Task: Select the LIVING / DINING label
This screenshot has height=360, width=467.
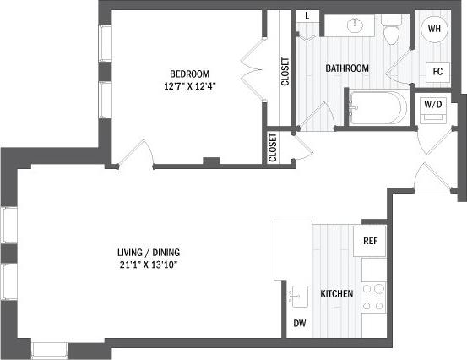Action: [149, 252]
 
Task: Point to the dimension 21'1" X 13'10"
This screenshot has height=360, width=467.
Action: [149, 265]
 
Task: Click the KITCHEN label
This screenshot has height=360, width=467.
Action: [336, 294]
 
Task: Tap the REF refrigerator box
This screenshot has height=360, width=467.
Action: [369, 240]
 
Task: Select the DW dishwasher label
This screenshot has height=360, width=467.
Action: [299, 324]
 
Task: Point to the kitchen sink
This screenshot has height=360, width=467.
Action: [298, 296]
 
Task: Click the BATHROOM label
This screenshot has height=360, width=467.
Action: [349, 68]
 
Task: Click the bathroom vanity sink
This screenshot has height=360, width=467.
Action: [356, 25]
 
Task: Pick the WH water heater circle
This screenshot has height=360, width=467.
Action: [434, 30]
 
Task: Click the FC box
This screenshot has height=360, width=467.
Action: [437, 71]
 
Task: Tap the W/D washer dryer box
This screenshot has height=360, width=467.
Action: [433, 106]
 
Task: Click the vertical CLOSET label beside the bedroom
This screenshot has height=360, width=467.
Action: [285, 73]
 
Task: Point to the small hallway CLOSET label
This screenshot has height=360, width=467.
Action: [273, 147]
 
